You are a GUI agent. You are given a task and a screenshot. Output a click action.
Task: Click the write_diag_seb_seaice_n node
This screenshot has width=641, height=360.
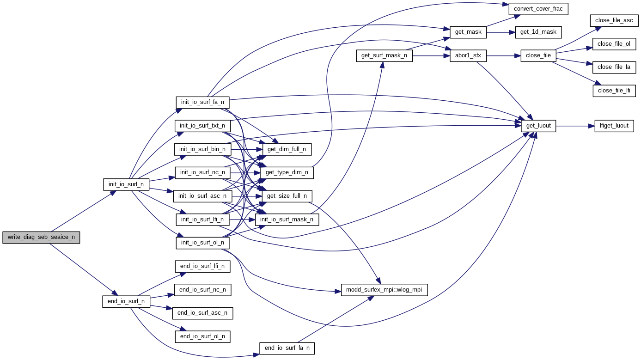coord(41,238)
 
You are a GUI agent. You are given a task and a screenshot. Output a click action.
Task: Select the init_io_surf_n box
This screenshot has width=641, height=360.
coord(126,184)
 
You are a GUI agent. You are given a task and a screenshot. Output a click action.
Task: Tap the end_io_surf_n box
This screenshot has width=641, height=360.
coord(126,302)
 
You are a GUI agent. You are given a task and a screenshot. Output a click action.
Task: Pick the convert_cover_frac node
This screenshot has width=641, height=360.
coord(538,9)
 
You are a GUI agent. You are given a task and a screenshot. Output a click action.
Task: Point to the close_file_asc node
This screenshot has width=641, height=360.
coord(615,20)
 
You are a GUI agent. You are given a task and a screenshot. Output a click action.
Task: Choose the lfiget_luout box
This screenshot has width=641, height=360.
coord(614,126)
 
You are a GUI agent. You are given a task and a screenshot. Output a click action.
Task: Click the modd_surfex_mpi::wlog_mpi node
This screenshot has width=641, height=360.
coord(384,290)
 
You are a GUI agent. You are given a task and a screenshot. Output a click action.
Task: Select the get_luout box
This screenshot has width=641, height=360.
coord(538,126)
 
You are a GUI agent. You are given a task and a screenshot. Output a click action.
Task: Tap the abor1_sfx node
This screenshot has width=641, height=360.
coord(468,56)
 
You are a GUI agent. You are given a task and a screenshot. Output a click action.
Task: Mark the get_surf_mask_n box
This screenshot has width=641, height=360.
coord(384,56)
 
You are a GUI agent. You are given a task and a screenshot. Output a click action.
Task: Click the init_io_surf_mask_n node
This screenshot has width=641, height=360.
coord(287,220)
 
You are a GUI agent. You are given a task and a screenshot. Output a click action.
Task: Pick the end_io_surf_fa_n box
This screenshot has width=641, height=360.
coord(287,348)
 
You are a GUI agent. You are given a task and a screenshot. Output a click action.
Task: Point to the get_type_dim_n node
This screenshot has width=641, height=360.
coord(287,173)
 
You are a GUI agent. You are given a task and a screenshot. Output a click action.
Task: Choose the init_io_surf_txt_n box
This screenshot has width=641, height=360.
coord(202,126)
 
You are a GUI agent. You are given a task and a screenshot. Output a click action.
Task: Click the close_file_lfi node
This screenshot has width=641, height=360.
coord(614,91)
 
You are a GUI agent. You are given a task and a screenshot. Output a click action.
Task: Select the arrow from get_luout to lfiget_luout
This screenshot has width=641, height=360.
coord(575,126)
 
